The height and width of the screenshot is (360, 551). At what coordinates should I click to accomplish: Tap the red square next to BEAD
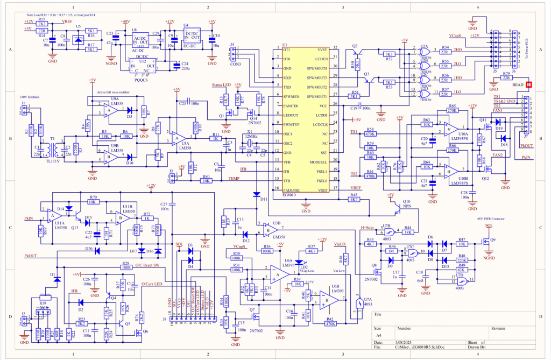529,84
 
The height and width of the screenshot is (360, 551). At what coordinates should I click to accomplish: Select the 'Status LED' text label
221,85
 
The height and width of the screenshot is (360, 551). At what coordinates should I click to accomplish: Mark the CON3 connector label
236,65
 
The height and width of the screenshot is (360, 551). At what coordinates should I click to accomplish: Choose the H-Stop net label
366,228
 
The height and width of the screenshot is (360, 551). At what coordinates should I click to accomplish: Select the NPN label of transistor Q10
407,206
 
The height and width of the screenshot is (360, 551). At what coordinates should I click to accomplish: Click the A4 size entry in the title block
379,334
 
